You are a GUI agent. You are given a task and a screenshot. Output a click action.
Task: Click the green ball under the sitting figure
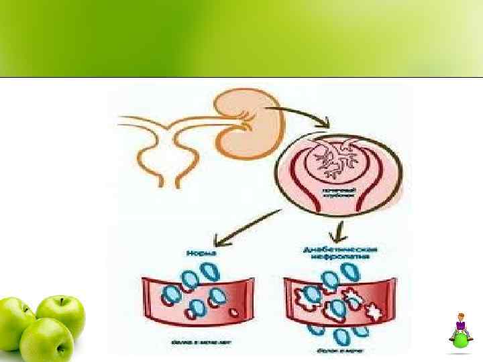pyautogui.click(x=461, y=340)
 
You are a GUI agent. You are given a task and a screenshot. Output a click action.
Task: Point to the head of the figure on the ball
pyautogui.click(x=461, y=316)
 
